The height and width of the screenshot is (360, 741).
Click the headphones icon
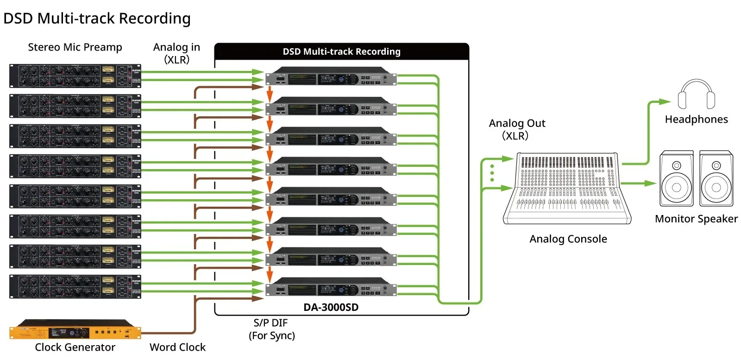coord(696,95)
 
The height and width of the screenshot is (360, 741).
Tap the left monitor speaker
coord(676,178)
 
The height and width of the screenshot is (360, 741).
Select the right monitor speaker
coord(716,178)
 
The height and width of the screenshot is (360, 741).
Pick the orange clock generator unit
coord(75,329)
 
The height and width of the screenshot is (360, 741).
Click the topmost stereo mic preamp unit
coord(75,76)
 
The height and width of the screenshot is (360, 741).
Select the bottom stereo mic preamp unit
coord(75,287)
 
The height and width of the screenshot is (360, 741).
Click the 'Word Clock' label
coord(177,347)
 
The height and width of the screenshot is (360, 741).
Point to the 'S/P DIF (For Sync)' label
coord(272,329)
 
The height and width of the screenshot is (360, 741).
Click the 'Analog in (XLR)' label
coord(176,53)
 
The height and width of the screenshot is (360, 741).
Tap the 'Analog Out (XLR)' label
coord(517,129)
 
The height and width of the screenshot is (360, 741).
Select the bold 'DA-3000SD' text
coord(331,307)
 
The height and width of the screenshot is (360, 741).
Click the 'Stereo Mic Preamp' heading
coord(75,47)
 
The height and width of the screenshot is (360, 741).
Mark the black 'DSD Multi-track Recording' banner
coord(341,51)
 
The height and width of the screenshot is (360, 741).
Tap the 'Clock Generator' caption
coord(75,347)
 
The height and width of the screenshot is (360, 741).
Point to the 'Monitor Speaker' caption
coord(696,219)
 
